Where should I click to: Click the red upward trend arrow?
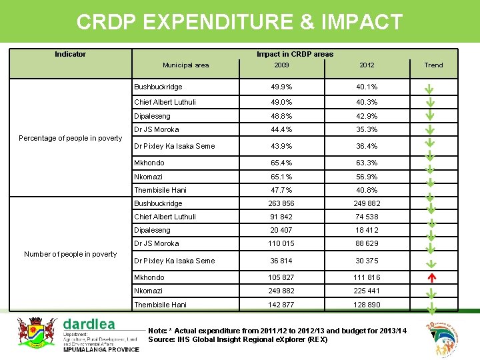pyautogui.click(x=431, y=277)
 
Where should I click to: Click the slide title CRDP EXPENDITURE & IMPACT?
pyautogui.click(x=239, y=22)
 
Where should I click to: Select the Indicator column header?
pyautogui.click(x=70, y=54)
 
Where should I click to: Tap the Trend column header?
pyautogui.click(x=433, y=65)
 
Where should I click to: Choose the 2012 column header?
pyautogui.click(x=367, y=65)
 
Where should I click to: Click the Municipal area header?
pyautogui.click(x=186, y=65)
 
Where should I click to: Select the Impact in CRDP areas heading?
pyautogui.click(x=295, y=54)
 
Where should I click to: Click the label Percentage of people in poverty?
pyautogui.click(x=70, y=138)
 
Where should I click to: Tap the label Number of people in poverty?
pyautogui.click(x=70, y=254)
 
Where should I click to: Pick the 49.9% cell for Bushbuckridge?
pyautogui.click(x=281, y=87)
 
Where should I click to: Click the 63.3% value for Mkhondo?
pyautogui.click(x=367, y=163)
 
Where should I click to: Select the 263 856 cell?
pyautogui.click(x=281, y=203)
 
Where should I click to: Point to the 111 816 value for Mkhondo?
pyautogui.click(x=367, y=277)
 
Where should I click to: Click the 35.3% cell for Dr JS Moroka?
pyautogui.click(x=367, y=129)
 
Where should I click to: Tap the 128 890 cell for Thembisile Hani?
pyautogui.click(x=367, y=305)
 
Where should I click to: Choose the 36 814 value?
pyautogui.click(x=281, y=261)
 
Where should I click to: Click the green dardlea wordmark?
pyautogui.click(x=89, y=324)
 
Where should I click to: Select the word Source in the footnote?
pyautogui.click(x=161, y=339)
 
